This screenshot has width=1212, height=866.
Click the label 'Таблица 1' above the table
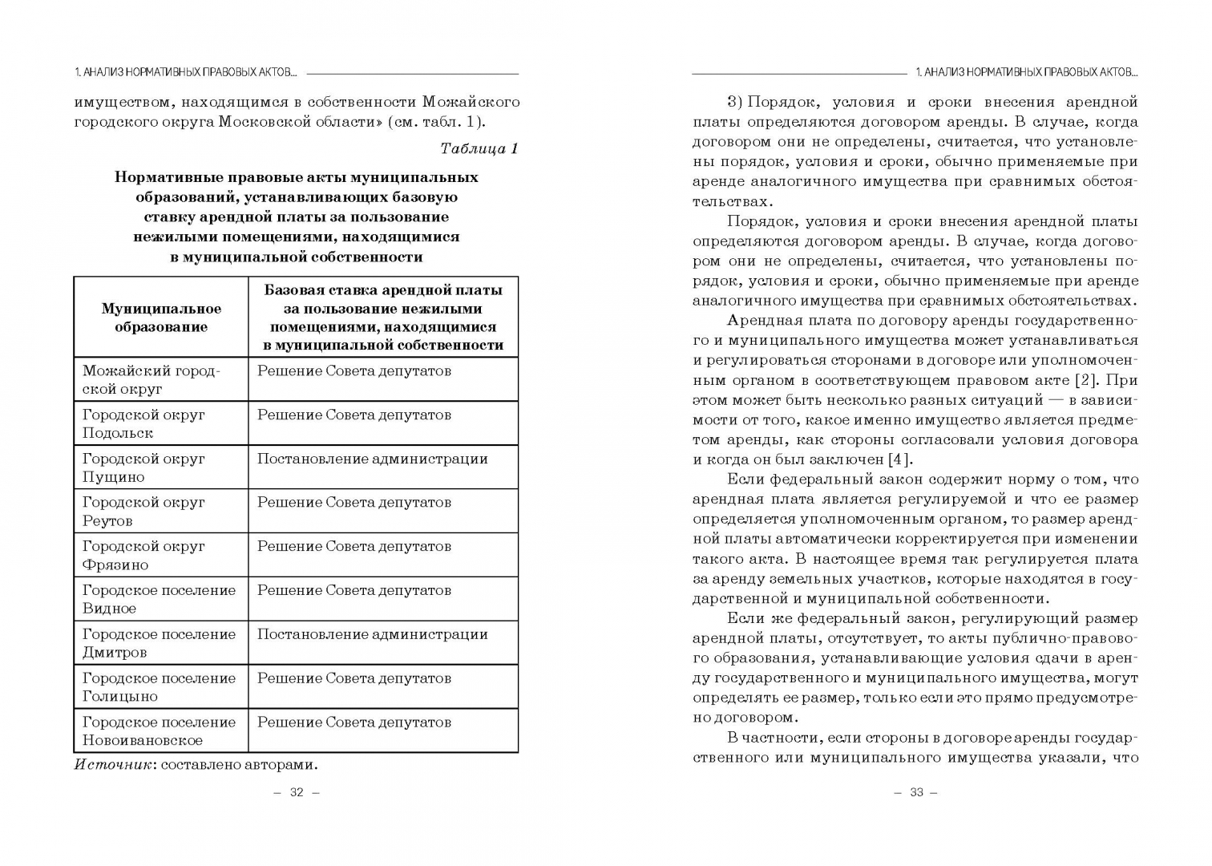point(479,148)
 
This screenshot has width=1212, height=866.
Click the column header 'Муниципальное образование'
point(161,318)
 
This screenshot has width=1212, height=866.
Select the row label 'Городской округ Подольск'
point(143,423)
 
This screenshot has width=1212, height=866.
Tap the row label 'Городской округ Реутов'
point(143,511)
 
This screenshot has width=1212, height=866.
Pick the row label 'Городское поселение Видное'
point(159,599)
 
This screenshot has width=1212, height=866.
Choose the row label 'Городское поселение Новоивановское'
point(159,730)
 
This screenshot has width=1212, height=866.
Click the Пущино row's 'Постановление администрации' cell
point(372,459)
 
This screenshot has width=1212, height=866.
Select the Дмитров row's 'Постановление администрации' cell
point(372,634)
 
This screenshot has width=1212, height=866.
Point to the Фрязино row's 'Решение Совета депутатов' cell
point(353,546)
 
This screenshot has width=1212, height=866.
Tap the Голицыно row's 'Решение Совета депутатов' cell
point(353,678)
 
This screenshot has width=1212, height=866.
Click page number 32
point(297,792)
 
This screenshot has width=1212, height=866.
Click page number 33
point(916,792)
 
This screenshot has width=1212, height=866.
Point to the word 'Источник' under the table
point(113,764)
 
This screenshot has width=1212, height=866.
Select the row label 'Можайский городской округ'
point(151,379)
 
